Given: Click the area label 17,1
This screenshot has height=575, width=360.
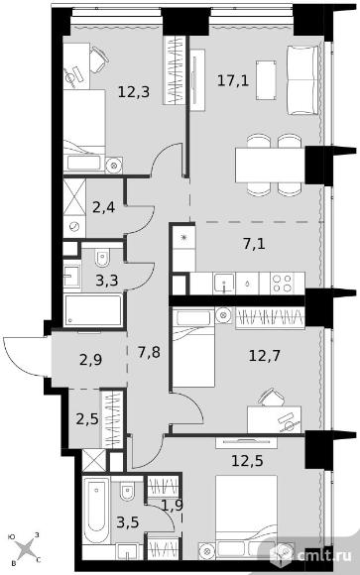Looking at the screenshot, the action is click(233, 80).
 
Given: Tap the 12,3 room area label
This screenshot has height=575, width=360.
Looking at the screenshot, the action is click(134, 91).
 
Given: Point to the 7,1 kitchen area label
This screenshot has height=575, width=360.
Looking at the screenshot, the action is click(254, 244).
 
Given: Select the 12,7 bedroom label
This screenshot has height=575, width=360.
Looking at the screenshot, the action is click(264, 355).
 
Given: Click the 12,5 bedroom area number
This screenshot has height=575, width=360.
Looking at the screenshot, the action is click(247, 461).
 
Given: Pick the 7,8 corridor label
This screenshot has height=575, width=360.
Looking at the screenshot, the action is click(150, 353).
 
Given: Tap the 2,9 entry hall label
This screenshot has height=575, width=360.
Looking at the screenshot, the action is click(90, 360).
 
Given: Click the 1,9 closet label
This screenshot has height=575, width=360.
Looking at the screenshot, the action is click(172, 506).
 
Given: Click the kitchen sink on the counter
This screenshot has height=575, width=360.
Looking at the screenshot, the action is click(224, 284).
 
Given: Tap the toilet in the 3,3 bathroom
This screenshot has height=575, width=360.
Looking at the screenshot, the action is click(103, 258).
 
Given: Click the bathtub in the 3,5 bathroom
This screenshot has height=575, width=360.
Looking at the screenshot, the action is click(96, 511).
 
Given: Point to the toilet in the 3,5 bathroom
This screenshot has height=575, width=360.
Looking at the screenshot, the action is click(127, 491).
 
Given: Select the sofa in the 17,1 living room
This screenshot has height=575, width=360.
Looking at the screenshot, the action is click(302, 80).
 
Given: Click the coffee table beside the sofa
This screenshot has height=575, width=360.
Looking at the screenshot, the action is click(266, 80).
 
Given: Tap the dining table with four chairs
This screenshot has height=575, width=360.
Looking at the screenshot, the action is click(270, 165).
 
